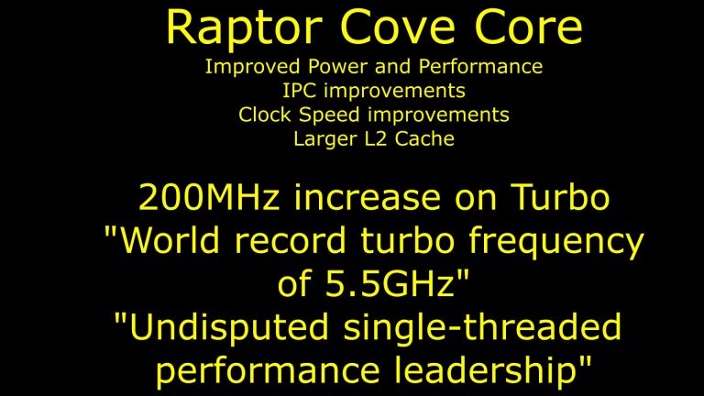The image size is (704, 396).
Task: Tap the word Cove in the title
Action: [x=380, y=29]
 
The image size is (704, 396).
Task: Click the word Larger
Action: [x=323, y=139]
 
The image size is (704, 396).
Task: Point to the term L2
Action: [x=373, y=139]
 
